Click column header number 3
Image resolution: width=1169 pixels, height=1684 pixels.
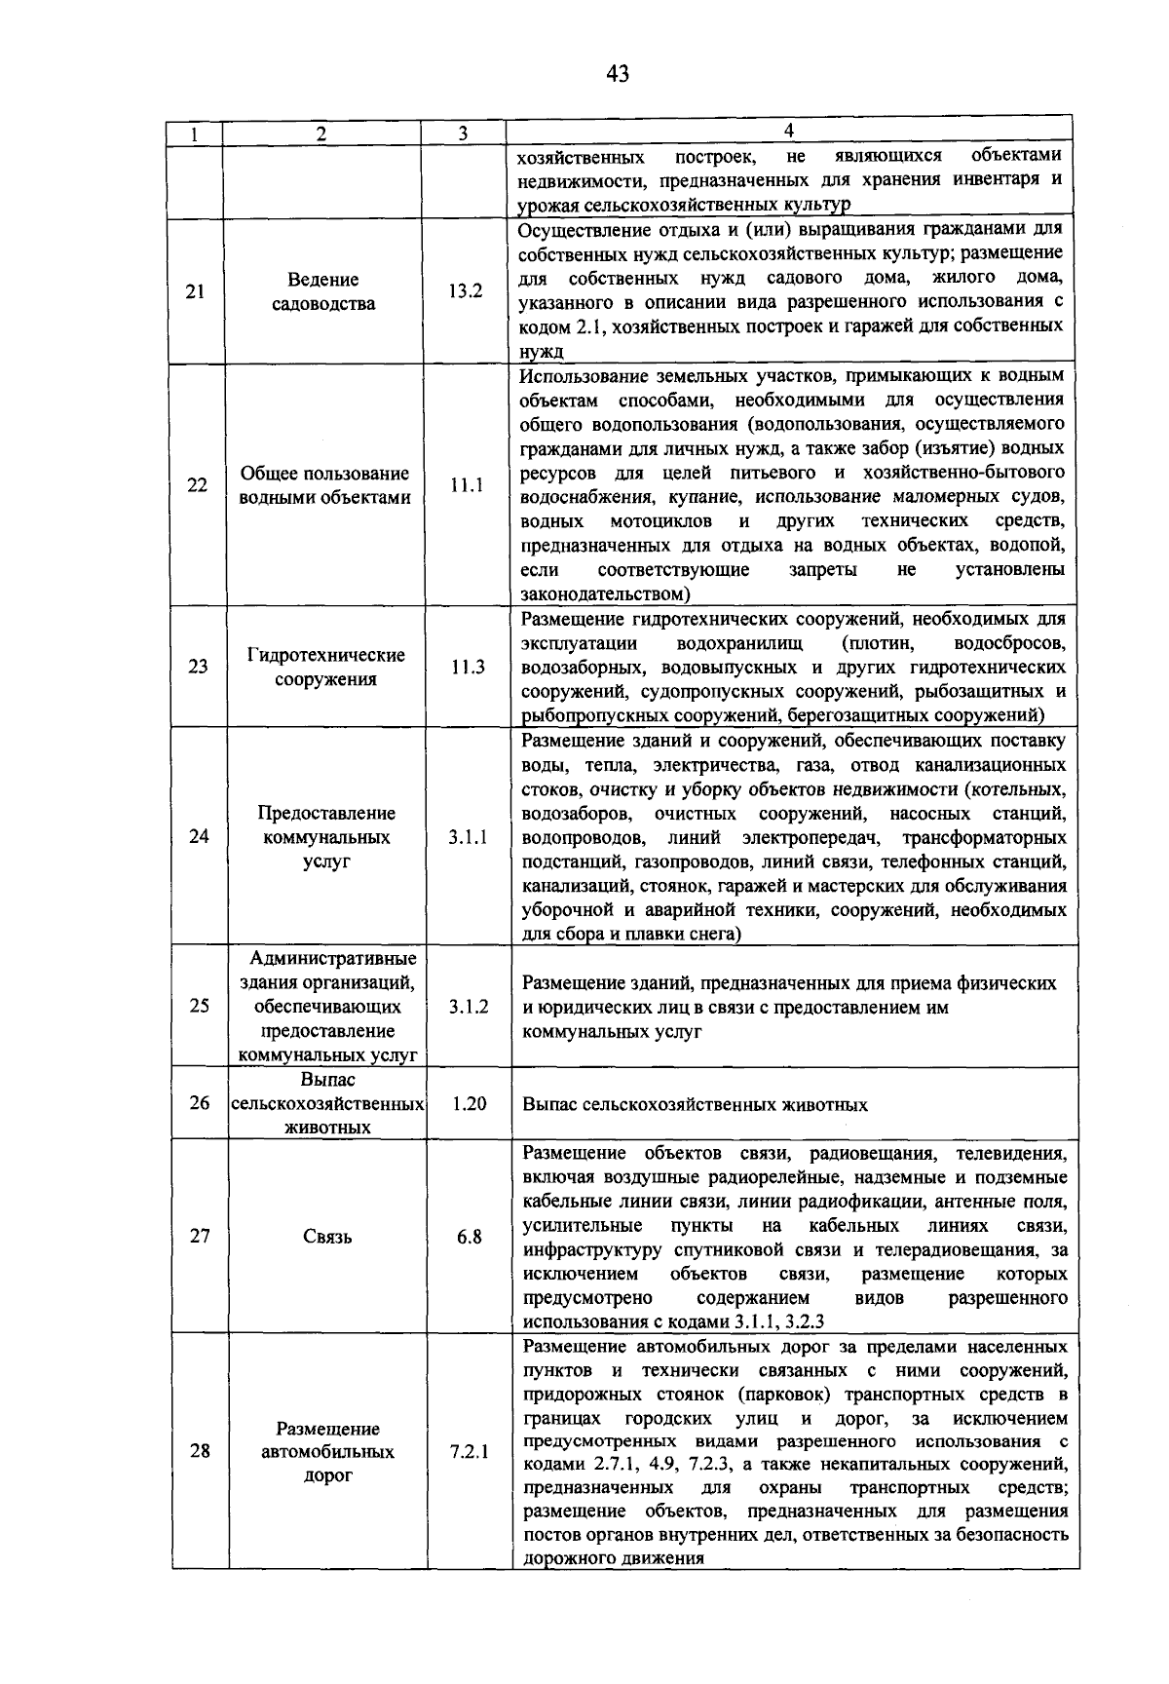point(463,134)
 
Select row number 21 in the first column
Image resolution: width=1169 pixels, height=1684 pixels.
point(195,291)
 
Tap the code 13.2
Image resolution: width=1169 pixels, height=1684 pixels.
point(466,291)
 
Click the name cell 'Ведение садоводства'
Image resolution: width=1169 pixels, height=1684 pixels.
point(323,291)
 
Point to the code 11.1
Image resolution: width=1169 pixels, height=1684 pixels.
point(467,485)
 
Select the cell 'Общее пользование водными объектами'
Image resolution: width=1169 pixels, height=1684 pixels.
point(324,485)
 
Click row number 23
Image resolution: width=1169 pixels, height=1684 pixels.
point(198,668)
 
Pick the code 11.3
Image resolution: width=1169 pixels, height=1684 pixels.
point(468,668)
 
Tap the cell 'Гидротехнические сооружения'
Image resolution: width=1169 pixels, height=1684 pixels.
point(325,668)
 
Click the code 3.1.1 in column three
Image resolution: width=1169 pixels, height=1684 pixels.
point(468,837)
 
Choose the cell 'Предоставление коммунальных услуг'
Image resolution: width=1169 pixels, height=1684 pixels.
point(326,837)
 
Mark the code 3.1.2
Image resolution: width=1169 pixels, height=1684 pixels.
point(469,1007)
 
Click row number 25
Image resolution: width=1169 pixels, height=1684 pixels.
point(199,1007)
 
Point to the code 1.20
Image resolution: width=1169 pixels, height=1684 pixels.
point(469,1104)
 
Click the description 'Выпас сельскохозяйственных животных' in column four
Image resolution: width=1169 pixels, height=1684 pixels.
point(695,1105)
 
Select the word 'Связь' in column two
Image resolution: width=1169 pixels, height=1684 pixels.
point(327,1238)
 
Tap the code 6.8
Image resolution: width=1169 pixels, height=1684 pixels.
point(469,1238)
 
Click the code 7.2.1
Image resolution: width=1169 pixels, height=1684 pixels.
point(470,1452)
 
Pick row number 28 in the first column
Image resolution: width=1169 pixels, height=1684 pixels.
point(200,1452)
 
